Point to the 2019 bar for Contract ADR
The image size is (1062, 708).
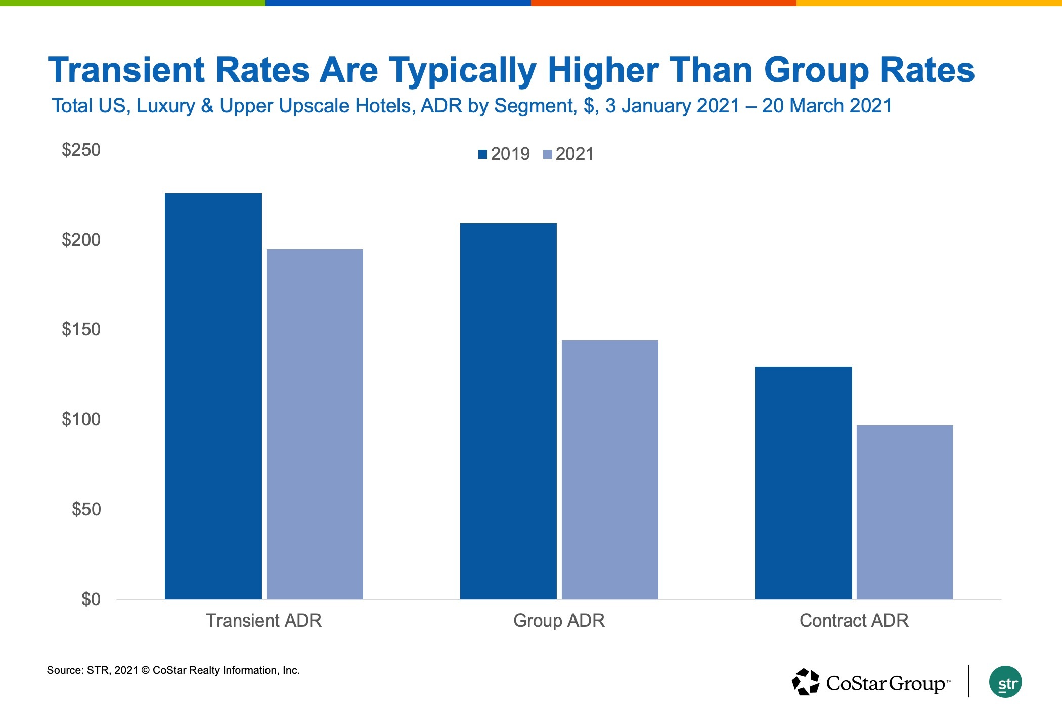click(803, 482)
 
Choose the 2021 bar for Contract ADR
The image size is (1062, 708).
click(905, 512)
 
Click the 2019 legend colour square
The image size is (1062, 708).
click(482, 154)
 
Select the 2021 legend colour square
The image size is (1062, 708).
click(547, 154)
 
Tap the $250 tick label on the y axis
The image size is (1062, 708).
click(81, 150)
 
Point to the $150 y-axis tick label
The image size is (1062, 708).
click(81, 329)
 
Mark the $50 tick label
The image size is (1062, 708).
click(86, 509)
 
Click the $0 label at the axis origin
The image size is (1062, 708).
click(91, 599)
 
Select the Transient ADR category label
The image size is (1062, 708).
click(263, 621)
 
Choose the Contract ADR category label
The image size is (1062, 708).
click(854, 621)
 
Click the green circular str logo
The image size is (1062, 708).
click(1005, 682)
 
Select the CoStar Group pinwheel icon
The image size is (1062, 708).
click(805, 682)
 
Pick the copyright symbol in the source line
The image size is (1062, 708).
click(145, 671)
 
